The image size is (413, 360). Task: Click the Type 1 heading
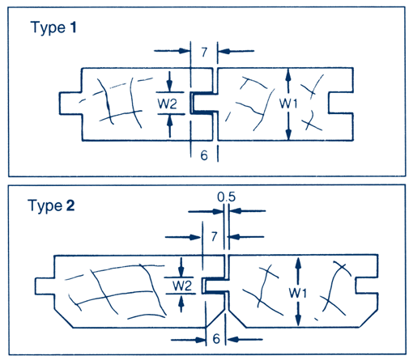pos(53,28)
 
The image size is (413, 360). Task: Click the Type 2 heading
pos(51,205)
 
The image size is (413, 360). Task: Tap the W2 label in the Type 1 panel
pos(168,104)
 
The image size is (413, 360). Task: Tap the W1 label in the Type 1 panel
pos(288,104)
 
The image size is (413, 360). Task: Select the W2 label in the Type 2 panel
pos(182,286)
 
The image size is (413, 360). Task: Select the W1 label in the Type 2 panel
pos(298,293)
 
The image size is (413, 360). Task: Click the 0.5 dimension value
pos(226,197)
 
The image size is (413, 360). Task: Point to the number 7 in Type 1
pos(204,52)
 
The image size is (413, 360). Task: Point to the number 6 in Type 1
pos(204,155)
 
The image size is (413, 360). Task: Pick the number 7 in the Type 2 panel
pos(214,236)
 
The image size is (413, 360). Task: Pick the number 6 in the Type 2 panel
pos(216,339)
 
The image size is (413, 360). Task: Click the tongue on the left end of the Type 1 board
pos(70,104)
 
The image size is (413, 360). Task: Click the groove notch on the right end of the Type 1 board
pos(341,103)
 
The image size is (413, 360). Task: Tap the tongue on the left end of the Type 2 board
pos(45,286)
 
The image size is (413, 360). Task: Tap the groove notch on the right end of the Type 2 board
pos(367,286)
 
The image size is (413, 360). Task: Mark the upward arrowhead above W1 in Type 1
pos(288,74)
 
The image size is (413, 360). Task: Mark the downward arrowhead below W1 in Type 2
pos(298,320)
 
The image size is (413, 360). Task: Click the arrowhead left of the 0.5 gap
pos(219,211)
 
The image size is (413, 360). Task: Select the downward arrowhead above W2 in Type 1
pos(169,86)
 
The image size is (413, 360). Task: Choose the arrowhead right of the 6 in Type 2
pos(232,339)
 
